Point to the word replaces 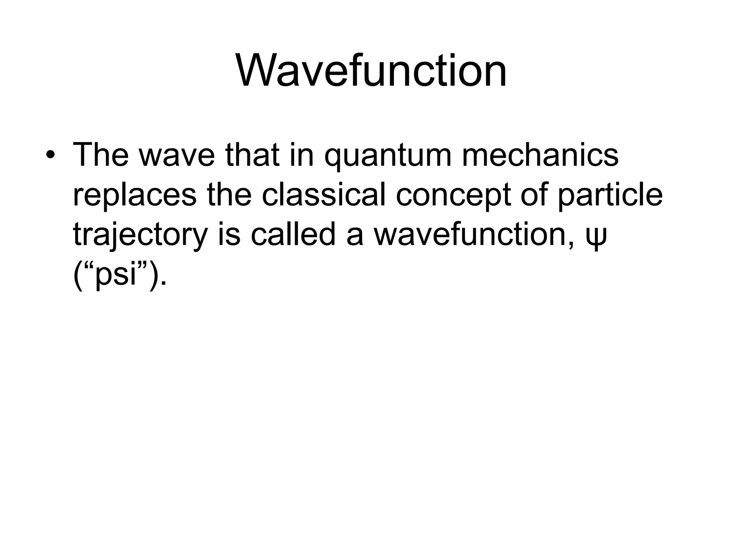[135, 196]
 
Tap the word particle [610, 196]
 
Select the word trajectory [140, 236]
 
